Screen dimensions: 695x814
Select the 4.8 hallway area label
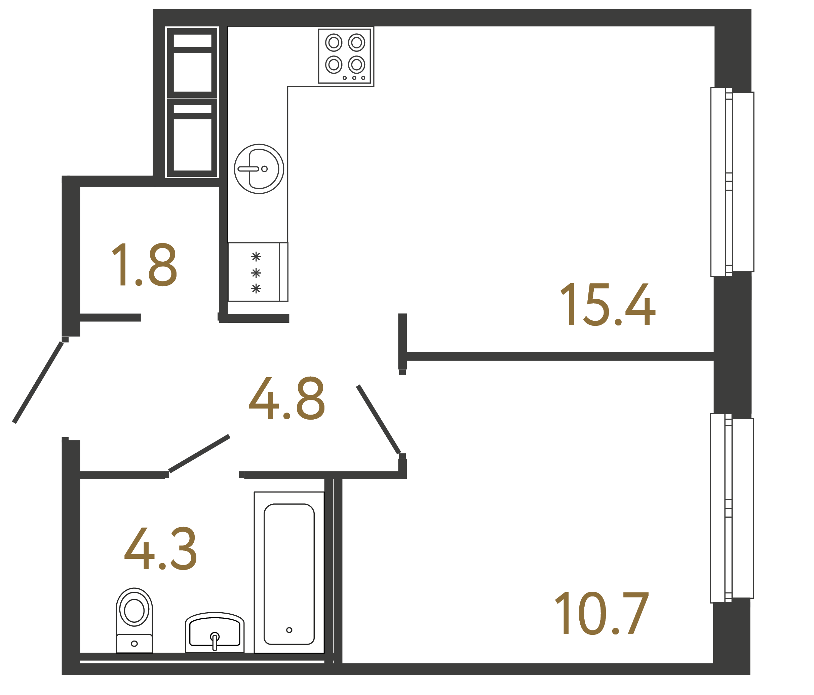(287, 398)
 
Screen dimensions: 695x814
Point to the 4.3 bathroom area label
(160, 548)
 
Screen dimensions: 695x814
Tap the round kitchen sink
(259, 169)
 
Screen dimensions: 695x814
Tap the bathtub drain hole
(289, 630)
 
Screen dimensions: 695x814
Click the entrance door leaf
(38, 382)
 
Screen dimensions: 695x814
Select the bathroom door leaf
(199, 453)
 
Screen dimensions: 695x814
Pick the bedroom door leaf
(378, 420)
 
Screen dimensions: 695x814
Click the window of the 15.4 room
(732, 182)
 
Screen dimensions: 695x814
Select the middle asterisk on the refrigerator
(256, 273)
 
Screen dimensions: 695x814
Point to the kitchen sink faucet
(248, 169)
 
